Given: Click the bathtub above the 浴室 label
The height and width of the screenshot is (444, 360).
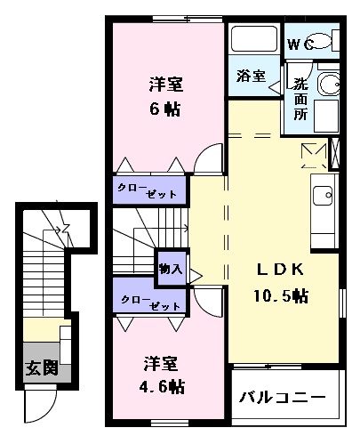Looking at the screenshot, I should click(254, 40).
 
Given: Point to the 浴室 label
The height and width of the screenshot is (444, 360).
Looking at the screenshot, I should click(251, 76).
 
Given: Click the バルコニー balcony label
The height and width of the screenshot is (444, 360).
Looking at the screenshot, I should click(283, 397).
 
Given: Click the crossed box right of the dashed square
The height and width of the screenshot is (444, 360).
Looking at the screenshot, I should click(336, 154).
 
